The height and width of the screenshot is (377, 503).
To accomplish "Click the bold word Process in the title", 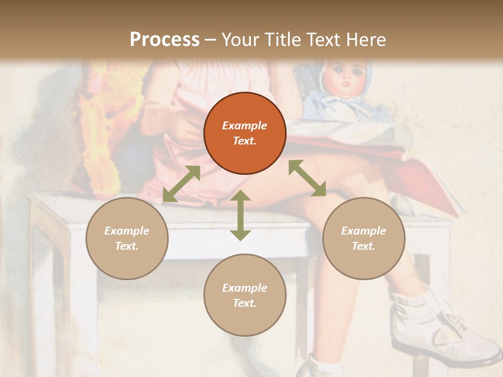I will point(165,40).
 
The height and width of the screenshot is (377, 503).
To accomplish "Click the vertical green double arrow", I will point(240,216).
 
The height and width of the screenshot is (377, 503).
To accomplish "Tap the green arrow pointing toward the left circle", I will point(181,184).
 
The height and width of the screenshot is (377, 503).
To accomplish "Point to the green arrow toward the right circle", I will point(307,178).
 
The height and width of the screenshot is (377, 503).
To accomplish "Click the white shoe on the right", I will point(445,335).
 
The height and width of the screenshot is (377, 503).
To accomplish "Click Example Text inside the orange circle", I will point(245,133).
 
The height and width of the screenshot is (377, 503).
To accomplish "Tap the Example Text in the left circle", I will point(127,238).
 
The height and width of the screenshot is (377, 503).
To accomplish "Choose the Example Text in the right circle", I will point(364,238).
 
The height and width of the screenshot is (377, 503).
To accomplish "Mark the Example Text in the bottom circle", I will point(245,295).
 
